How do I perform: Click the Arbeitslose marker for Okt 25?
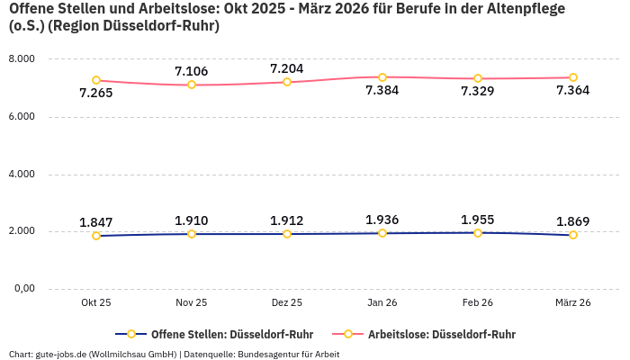coord(96,80)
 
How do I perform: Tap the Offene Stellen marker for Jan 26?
coord(382,233)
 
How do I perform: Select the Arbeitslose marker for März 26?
coord(573,77)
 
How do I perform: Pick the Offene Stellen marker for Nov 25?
coord(192,234)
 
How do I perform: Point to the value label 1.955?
coord(477,219)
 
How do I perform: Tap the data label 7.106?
coord(192,71)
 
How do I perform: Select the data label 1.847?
coord(96,222)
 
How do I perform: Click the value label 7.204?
coord(287,68)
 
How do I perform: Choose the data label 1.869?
coord(573,221)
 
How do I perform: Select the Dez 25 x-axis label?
coord(287,303)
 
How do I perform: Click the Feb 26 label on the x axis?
coord(478,303)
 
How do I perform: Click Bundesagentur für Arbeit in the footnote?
coord(287,354)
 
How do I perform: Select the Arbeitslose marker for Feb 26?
coord(478,78)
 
